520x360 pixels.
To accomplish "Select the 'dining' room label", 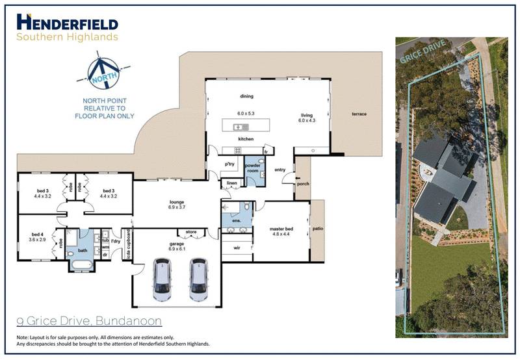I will (246, 96).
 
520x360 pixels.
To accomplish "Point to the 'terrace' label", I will (359, 114).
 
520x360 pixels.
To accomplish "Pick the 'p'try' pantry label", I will (229, 164).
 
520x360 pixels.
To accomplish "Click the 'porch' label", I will (302, 183).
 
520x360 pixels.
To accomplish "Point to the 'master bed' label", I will (282, 228).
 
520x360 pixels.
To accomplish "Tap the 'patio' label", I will (317, 229).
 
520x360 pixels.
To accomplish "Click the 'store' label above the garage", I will (190, 231).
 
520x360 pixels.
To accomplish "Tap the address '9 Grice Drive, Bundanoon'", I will (88, 321).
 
